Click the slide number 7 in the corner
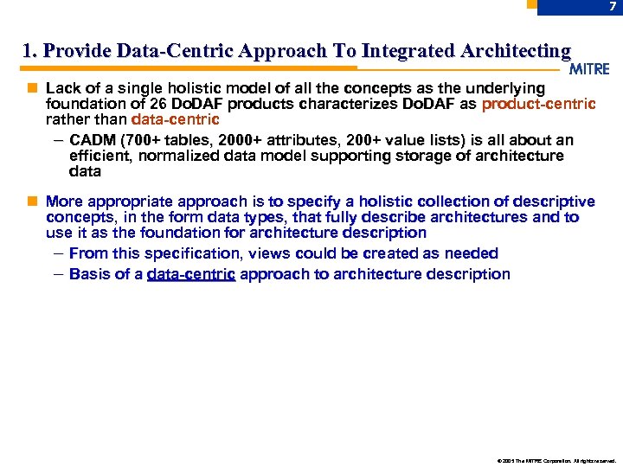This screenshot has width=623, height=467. pos(612,7)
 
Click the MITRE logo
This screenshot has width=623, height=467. pos(590,69)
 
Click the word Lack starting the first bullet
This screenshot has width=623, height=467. pos(62,88)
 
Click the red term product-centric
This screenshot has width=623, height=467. pos(538,104)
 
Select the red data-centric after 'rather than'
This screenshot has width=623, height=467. pos(175,119)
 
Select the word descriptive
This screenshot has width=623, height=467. pos(550,202)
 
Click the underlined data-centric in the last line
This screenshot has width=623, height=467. pos(191,274)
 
